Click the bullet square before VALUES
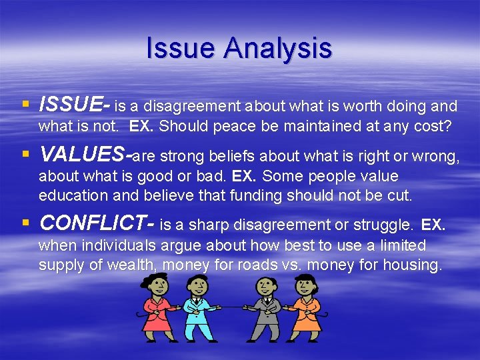25,155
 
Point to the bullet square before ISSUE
25,105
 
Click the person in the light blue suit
196,309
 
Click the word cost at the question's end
436,125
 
